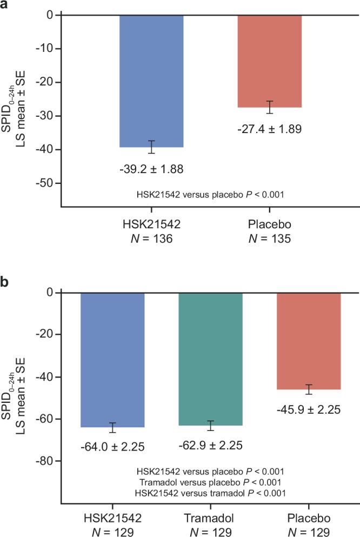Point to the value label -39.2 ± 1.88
click(x=151, y=169)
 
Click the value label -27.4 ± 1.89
click(x=270, y=129)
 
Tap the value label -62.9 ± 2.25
click(x=210, y=445)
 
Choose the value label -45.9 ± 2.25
click(x=309, y=409)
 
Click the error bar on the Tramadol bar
click(x=211, y=425)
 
